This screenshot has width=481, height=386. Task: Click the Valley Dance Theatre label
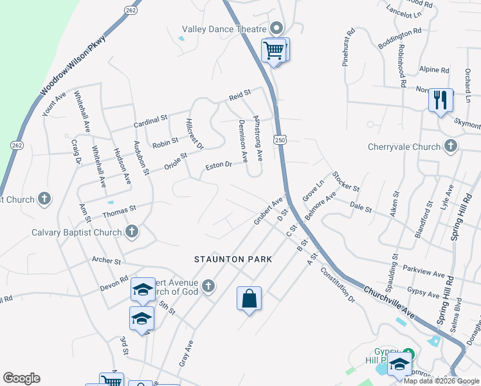click(x=224, y=29)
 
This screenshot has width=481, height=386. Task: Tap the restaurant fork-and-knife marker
click(x=440, y=100)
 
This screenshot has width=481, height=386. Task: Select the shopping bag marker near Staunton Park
click(x=249, y=299)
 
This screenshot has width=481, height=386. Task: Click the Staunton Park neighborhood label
click(x=233, y=259)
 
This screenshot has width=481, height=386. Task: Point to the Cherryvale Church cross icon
click(x=451, y=147)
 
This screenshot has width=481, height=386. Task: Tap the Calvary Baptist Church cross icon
click(x=132, y=232)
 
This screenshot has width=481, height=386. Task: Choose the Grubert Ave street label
click(x=268, y=210)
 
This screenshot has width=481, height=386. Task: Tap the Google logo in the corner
click(x=21, y=378)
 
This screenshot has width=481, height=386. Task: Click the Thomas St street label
click(x=120, y=208)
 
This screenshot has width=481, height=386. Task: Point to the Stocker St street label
click(x=346, y=181)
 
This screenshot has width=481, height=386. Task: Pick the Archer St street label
click(x=107, y=261)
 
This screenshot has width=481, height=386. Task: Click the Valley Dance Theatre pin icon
click(x=277, y=28)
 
